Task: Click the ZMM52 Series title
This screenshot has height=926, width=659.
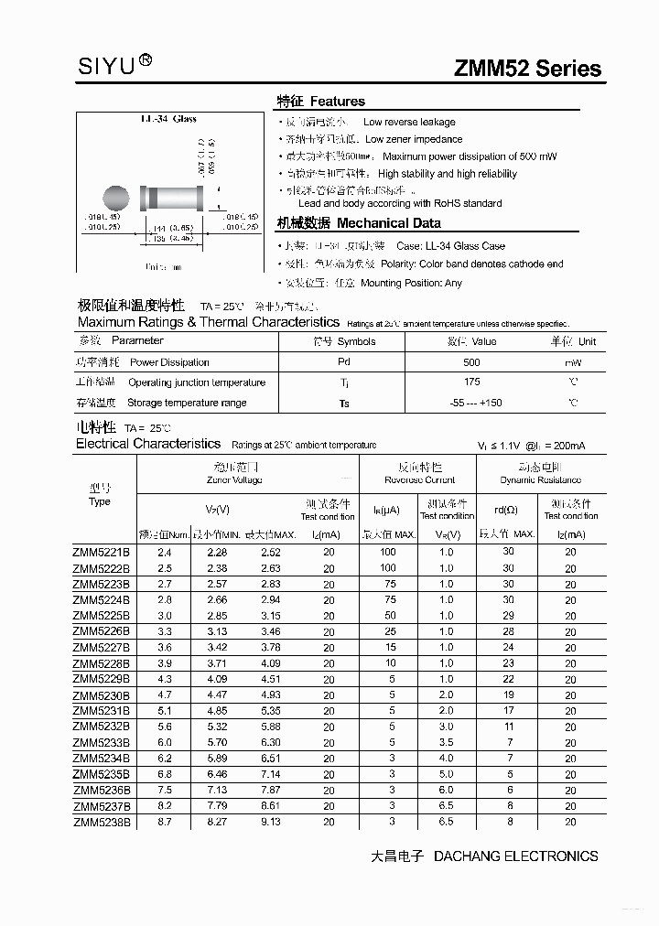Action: click(528, 69)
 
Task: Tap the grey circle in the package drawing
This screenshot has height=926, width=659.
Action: click(116, 198)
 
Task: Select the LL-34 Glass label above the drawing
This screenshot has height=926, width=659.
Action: click(168, 119)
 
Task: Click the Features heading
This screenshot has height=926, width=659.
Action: click(321, 102)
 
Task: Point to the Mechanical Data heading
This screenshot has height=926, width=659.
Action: click(359, 223)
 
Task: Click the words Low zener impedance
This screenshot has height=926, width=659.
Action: click(414, 139)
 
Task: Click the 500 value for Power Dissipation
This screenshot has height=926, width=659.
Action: click(471, 362)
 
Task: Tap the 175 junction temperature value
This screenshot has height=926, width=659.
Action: click(471, 382)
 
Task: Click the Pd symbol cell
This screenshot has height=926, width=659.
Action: click(343, 362)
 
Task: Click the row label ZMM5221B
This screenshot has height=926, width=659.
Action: click(102, 552)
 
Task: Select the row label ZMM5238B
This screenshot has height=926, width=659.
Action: click(102, 822)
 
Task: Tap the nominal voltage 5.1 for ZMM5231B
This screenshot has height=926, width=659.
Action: click(165, 710)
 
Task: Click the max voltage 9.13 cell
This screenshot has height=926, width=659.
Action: click(270, 822)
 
